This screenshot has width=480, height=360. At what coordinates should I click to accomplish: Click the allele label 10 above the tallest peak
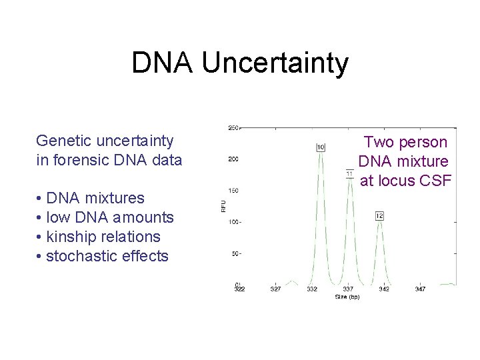[x=321, y=147]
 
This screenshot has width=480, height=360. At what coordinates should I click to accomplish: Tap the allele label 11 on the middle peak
[x=349, y=175]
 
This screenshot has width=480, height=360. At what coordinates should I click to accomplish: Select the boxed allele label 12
[x=379, y=215]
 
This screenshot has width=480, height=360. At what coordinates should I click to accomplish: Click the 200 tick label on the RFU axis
[x=233, y=159]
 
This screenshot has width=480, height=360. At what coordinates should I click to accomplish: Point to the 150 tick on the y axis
[x=233, y=190]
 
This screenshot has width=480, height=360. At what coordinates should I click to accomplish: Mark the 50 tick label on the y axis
[x=235, y=253]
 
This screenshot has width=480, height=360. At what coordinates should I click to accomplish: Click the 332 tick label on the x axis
[x=312, y=289]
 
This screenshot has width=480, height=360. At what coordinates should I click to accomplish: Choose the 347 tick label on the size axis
[x=421, y=289]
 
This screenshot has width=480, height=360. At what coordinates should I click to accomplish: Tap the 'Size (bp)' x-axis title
[x=347, y=297]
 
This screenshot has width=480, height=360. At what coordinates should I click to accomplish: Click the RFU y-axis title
[x=223, y=207]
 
